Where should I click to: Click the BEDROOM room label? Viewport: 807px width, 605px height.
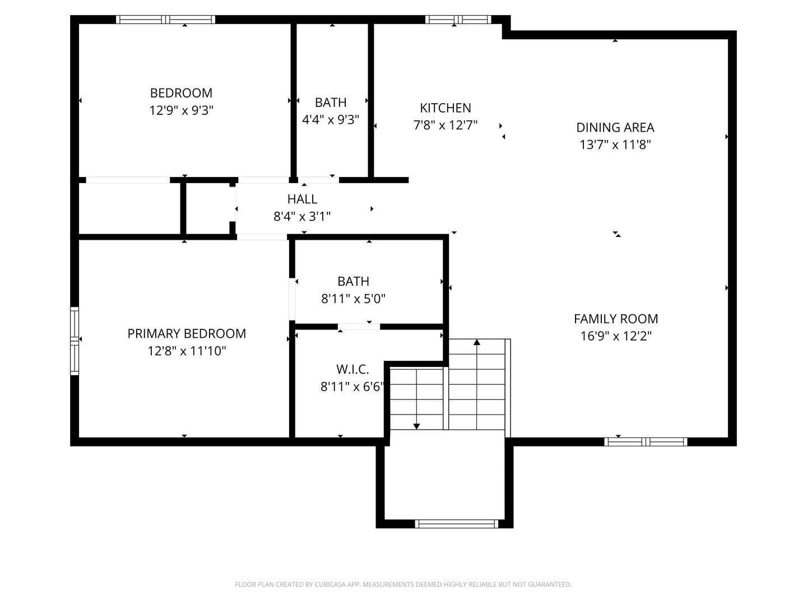pyautogui.click(x=181, y=93)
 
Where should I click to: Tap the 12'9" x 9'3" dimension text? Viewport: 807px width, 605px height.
pyautogui.click(x=181, y=110)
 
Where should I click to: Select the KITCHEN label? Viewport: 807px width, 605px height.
pyautogui.click(x=445, y=108)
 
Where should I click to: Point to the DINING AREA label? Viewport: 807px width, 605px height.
pyautogui.click(x=615, y=128)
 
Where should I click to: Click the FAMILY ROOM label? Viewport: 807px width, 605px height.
pyautogui.click(x=616, y=319)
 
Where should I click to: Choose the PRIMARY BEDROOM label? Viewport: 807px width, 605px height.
pyautogui.click(x=187, y=333)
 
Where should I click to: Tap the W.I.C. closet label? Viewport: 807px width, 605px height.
pyautogui.click(x=352, y=369)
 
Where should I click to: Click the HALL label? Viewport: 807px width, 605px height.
pyautogui.click(x=302, y=199)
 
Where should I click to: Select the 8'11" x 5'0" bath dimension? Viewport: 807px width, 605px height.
pyautogui.click(x=353, y=299)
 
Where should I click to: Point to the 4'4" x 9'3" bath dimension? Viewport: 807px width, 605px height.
pyautogui.click(x=331, y=120)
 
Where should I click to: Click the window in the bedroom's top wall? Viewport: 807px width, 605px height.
pyautogui.click(x=165, y=20)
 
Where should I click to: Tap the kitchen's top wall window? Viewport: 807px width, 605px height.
pyautogui.click(x=458, y=20)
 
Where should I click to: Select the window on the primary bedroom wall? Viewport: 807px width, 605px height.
pyautogui.click(x=75, y=341)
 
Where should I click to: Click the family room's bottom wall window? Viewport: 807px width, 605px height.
pyautogui.click(x=646, y=442)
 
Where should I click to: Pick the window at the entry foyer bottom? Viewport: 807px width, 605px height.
pyautogui.click(x=457, y=524)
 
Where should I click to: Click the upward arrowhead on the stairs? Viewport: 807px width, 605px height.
pyautogui.click(x=477, y=342)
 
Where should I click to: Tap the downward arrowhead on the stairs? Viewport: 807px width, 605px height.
pyautogui.click(x=416, y=426)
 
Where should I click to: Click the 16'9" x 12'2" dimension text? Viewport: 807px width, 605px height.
pyautogui.click(x=616, y=336)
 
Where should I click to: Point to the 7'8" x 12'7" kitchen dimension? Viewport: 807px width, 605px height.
pyautogui.click(x=445, y=125)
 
